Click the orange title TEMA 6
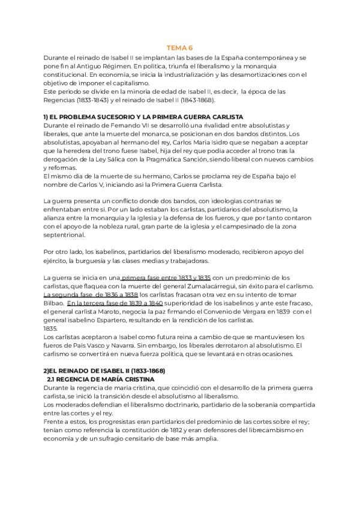pyautogui.click(x=179, y=47)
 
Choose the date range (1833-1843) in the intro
pyautogui.click(x=100, y=99)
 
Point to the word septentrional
pyautogui.click(x=64, y=234)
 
